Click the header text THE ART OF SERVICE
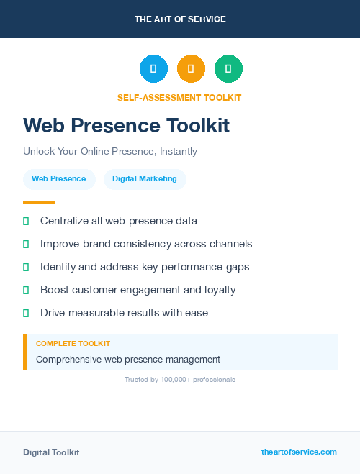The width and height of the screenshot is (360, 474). tap(180, 19)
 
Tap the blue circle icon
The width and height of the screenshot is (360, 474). tap(153, 69)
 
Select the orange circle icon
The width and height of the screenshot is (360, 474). tap(191, 69)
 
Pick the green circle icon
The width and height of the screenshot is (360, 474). tap(228, 69)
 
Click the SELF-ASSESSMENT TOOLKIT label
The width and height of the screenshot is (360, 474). tap(179, 98)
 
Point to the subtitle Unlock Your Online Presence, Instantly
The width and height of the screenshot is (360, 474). tap(110, 152)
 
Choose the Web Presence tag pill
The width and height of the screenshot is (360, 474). tap(58, 179)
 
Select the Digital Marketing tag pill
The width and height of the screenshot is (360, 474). tap(145, 179)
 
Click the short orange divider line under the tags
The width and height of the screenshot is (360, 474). tap(39, 202)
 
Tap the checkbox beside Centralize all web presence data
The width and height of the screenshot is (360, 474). tap(26, 221)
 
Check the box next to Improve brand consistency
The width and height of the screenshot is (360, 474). tap(26, 244)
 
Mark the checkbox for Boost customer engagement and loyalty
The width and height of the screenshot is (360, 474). tap(26, 290)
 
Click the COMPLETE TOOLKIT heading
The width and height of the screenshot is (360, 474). tap(73, 344)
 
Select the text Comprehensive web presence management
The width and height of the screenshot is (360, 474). tap(128, 359)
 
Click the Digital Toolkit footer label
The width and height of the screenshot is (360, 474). tap(51, 452)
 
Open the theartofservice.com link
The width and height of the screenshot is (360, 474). tap(299, 452)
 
